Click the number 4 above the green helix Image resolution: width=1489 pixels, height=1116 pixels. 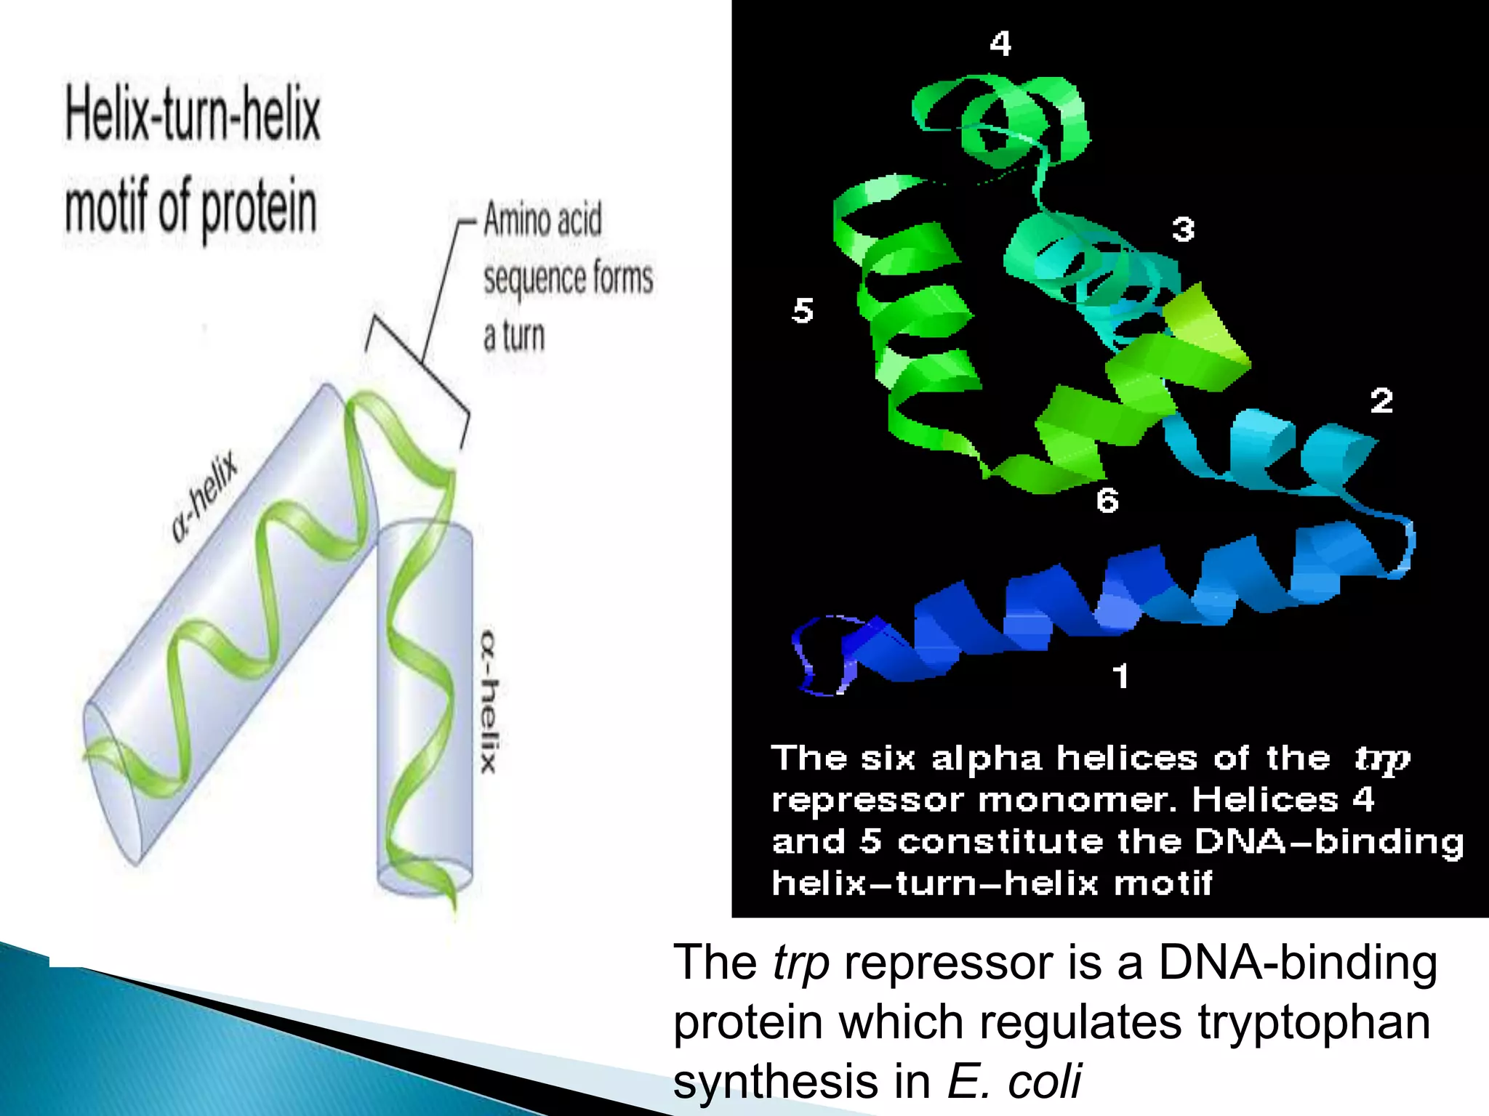pyautogui.click(x=1000, y=44)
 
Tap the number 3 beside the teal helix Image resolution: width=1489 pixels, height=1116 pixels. pyautogui.click(x=1183, y=230)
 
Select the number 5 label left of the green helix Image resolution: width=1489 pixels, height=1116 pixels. pyautogui.click(x=803, y=311)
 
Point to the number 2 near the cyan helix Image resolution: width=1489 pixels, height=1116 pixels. pyautogui.click(x=1381, y=400)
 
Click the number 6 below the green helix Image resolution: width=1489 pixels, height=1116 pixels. pyautogui.click(x=1107, y=501)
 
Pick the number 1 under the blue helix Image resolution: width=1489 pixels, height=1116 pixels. pyautogui.click(x=1120, y=676)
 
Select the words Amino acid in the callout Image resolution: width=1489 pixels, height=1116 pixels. pyautogui.click(x=542, y=219)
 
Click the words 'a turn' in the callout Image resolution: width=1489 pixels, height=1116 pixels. pyautogui.click(x=513, y=336)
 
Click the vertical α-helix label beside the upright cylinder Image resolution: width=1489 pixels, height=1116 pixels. pyautogui.click(x=489, y=702)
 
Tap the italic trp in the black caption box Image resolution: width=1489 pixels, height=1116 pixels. pyautogui.click(x=1381, y=759)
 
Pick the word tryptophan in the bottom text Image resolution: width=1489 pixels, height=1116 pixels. pyautogui.click(x=1314, y=1022)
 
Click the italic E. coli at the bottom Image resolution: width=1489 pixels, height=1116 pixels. pyautogui.click(x=1014, y=1081)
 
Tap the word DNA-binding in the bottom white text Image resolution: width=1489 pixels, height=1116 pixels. pyautogui.click(x=1297, y=963)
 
